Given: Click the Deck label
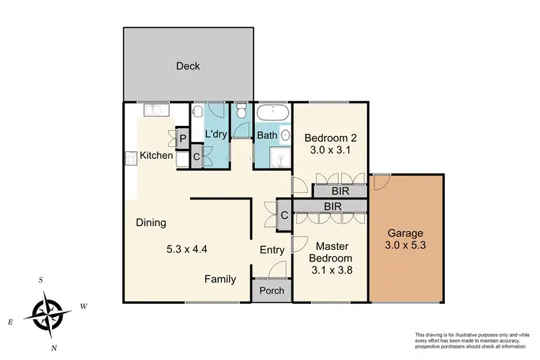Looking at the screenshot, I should pyautogui.click(x=188, y=67).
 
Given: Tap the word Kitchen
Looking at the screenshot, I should pyautogui.click(x=156, y=156).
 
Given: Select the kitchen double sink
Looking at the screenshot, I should pyautogui.click(x=156, y=109).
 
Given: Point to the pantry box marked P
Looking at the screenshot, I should pyautogui.click(x=182, y=138).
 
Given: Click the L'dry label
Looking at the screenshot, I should pyautogui.click(x=216, y=135).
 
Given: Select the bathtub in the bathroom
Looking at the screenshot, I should pyautogui.click(x=273, y=114).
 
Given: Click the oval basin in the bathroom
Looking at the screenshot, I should pyautogui.click(x=286, y=135).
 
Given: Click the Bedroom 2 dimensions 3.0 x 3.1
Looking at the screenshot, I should pyautogui.click(x=330, y=151).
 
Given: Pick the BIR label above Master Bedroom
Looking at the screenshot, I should pyautogui.click(x=333, y=207).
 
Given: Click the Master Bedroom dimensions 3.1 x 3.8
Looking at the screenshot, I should pyautogui.click(x=330, y=271).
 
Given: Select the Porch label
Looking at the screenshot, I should pyautogui.click(x=271, y=291).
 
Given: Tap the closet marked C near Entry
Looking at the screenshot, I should pyautogui.click(x=284, y=215).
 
